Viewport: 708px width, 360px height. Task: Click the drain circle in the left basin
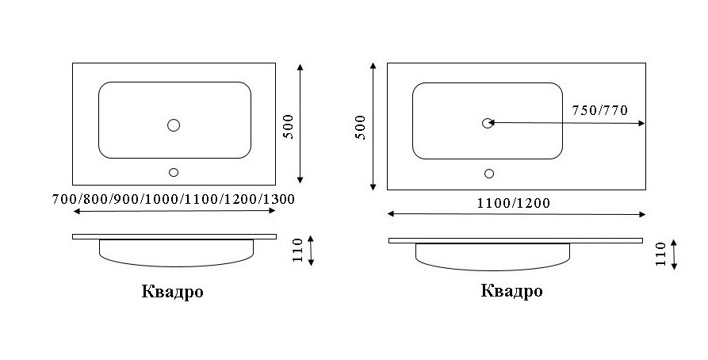click(x=174, y=124)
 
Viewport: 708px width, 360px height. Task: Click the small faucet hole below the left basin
click(x=174, y=172)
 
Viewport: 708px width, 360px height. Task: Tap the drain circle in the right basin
click(x=488, y=123)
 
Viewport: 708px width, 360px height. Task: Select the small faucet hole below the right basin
click(x=488, y=173)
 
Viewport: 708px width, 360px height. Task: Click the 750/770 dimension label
click(x=599, y=110)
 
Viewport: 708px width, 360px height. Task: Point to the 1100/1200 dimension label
click(x=513, y=203)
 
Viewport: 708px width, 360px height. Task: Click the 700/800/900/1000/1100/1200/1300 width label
click(x=172, y=199)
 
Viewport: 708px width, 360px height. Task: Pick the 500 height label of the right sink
click(x=361, y=127)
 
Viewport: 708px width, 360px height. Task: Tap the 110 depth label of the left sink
click(x=298, y=251)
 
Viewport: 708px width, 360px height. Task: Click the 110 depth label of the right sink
click(x=660, y=255)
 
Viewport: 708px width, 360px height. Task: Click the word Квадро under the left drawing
click(x=173, y=292)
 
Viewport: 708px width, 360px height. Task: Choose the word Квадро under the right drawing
click(x=511, y=291)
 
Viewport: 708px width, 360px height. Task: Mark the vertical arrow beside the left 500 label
click(x=301, y=123)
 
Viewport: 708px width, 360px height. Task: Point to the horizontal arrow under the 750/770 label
click(x=567, y=123)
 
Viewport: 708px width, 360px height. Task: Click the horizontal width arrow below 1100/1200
click(x=516, y=214)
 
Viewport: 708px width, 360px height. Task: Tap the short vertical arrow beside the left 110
click(x=311, y=251)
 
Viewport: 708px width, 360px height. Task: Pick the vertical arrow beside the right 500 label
click(x=373, y=127)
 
